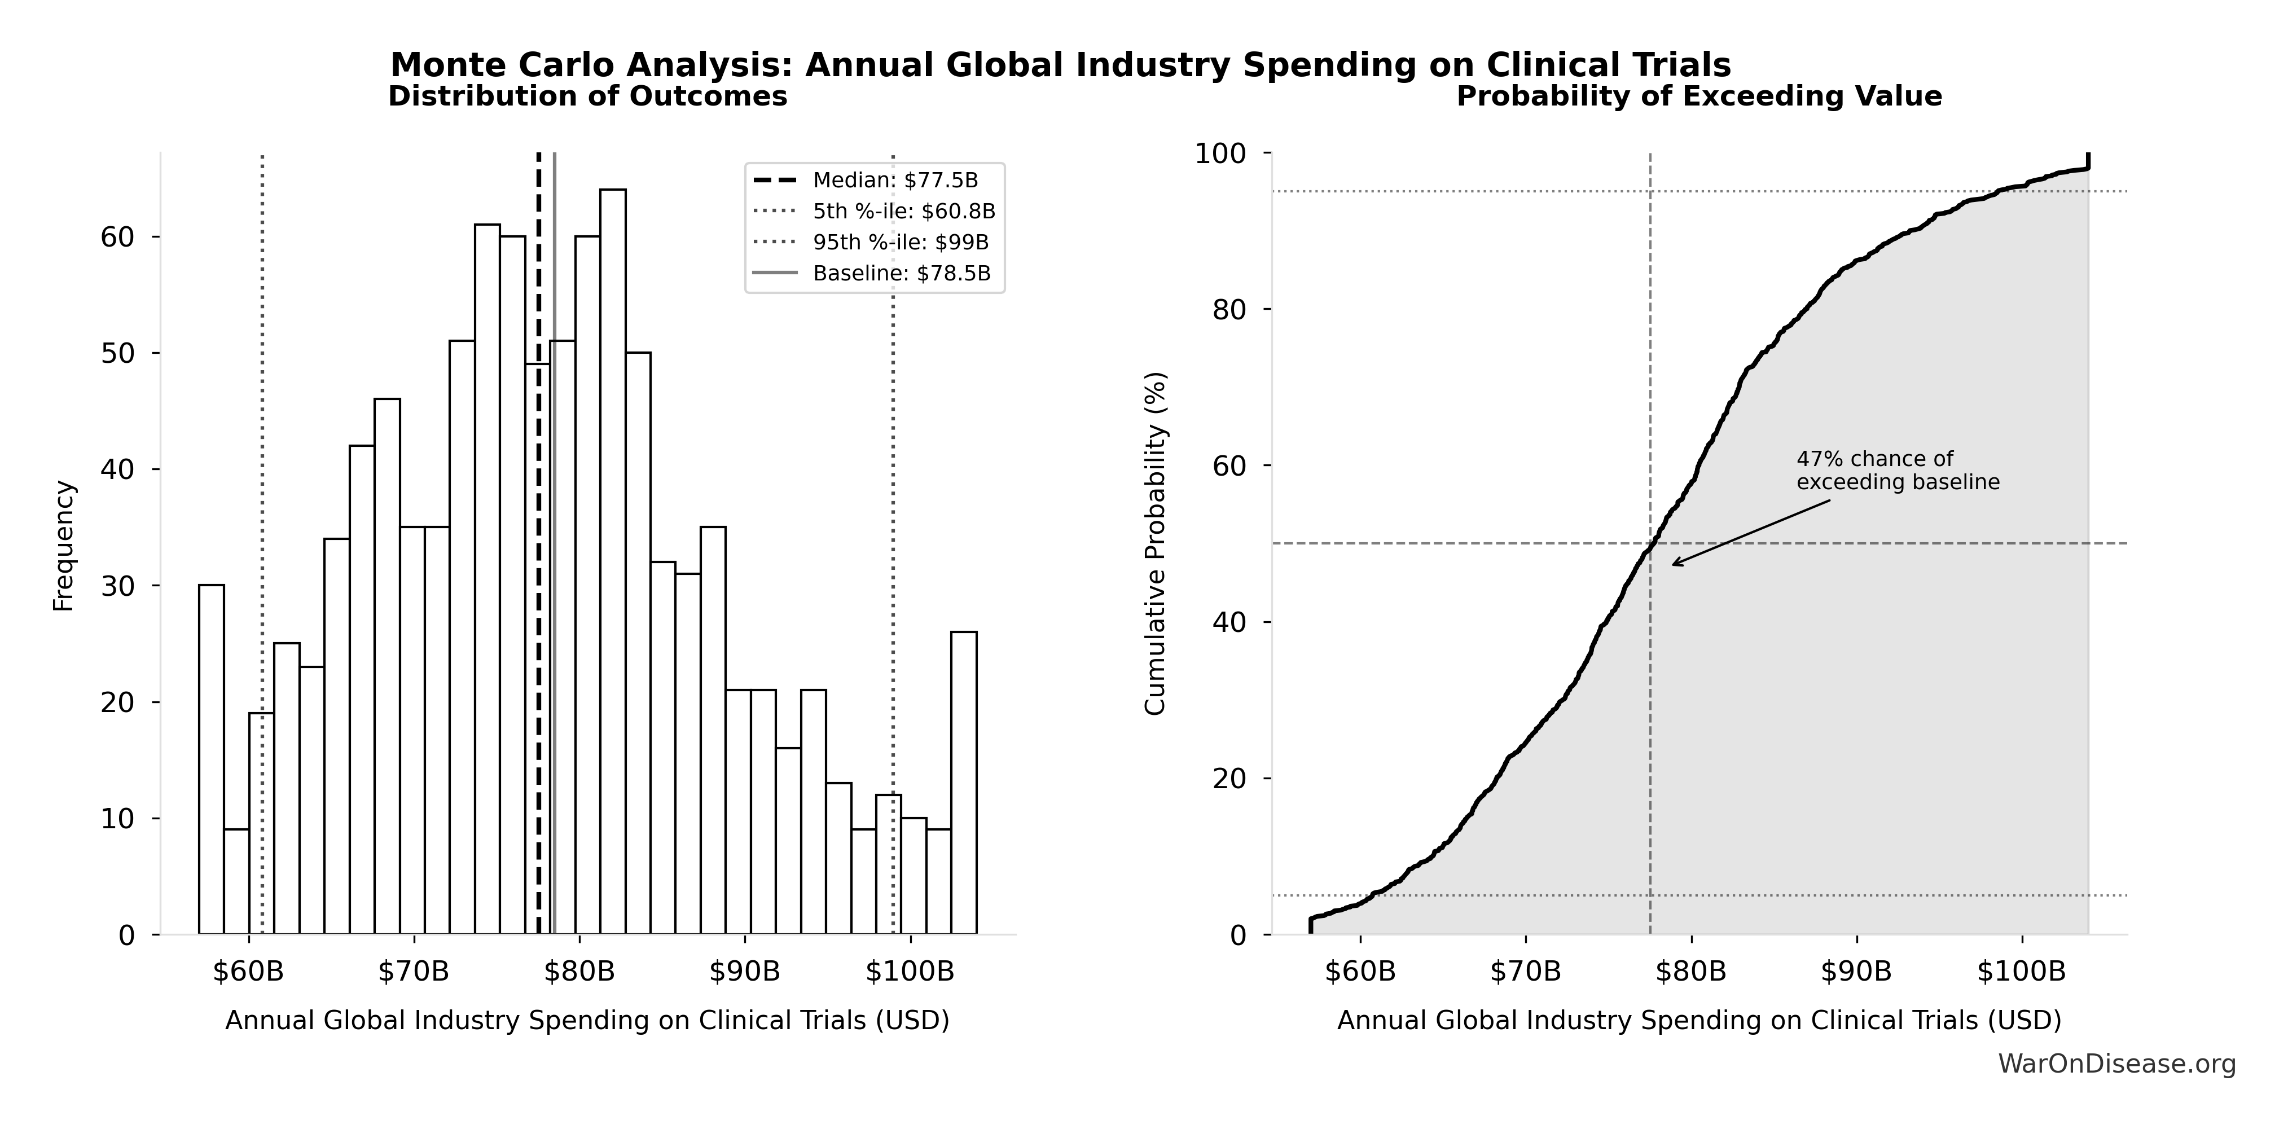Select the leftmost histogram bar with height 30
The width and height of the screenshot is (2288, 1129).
click(212, 759)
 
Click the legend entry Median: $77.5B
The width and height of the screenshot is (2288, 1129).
click(895, 181)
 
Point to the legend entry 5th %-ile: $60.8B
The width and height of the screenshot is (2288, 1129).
click(904, 212)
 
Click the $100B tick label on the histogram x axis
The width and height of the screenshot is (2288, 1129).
click(910, 971)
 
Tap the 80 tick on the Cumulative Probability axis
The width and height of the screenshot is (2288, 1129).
click(1229, 310)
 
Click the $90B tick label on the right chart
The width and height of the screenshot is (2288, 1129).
click(1856, 971)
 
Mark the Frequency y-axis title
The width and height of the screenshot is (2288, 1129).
click(64, 546)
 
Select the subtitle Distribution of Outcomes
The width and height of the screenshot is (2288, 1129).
click(588, 96)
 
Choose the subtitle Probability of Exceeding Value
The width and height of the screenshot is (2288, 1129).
click(1699, 96)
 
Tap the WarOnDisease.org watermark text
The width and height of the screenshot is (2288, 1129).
click(2116, 1063)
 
